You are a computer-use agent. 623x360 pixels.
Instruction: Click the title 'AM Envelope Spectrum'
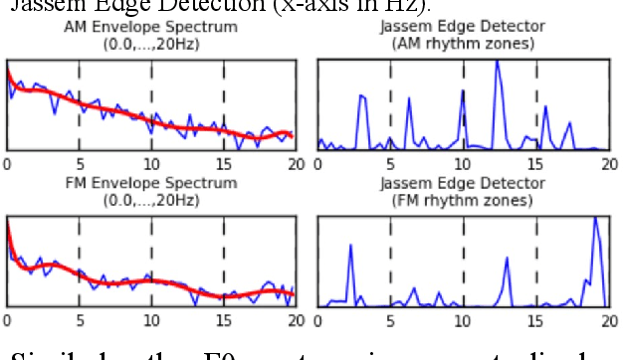coord(151,27)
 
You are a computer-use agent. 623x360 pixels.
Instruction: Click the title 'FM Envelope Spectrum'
coord(151,183)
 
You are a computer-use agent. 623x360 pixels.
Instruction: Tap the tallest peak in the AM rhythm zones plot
coord(497,63)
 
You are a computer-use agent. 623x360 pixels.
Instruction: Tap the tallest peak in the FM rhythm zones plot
coord(595,218)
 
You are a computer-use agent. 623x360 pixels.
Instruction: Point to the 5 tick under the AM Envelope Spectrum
coord(80,164)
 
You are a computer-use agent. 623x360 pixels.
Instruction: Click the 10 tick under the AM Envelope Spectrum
coord(150,164)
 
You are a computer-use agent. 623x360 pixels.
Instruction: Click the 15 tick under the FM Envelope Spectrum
coord(223,320)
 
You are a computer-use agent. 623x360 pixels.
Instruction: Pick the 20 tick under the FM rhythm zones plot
coord(609,320)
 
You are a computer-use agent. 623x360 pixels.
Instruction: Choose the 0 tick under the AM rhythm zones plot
coord(318,164)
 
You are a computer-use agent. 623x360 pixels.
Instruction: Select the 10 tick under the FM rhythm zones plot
coord(463,320)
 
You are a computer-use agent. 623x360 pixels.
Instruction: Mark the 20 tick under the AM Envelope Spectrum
coord(295,164)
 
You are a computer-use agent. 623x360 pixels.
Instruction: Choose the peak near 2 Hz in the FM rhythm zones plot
coord(350,246)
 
